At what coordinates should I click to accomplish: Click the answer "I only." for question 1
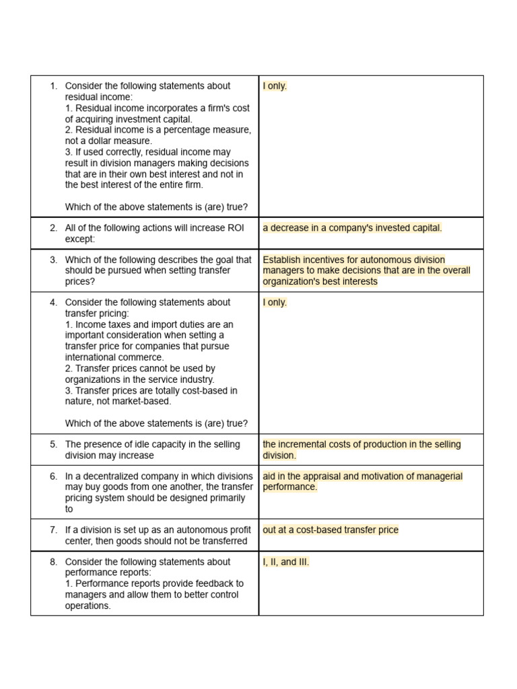pos(275,86)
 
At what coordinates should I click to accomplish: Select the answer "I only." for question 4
pos(275,303)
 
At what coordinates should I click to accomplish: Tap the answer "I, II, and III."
pos(286,563)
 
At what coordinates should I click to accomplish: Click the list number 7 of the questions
pos(53,530)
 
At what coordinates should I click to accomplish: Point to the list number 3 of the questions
pos(53,260)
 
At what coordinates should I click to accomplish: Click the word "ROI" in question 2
pos(236,228)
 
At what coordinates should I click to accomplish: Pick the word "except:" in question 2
pos(80,239)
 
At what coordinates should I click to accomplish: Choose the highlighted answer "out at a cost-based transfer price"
pos(331,530)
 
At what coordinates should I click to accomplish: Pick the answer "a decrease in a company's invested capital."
pos(352,228)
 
